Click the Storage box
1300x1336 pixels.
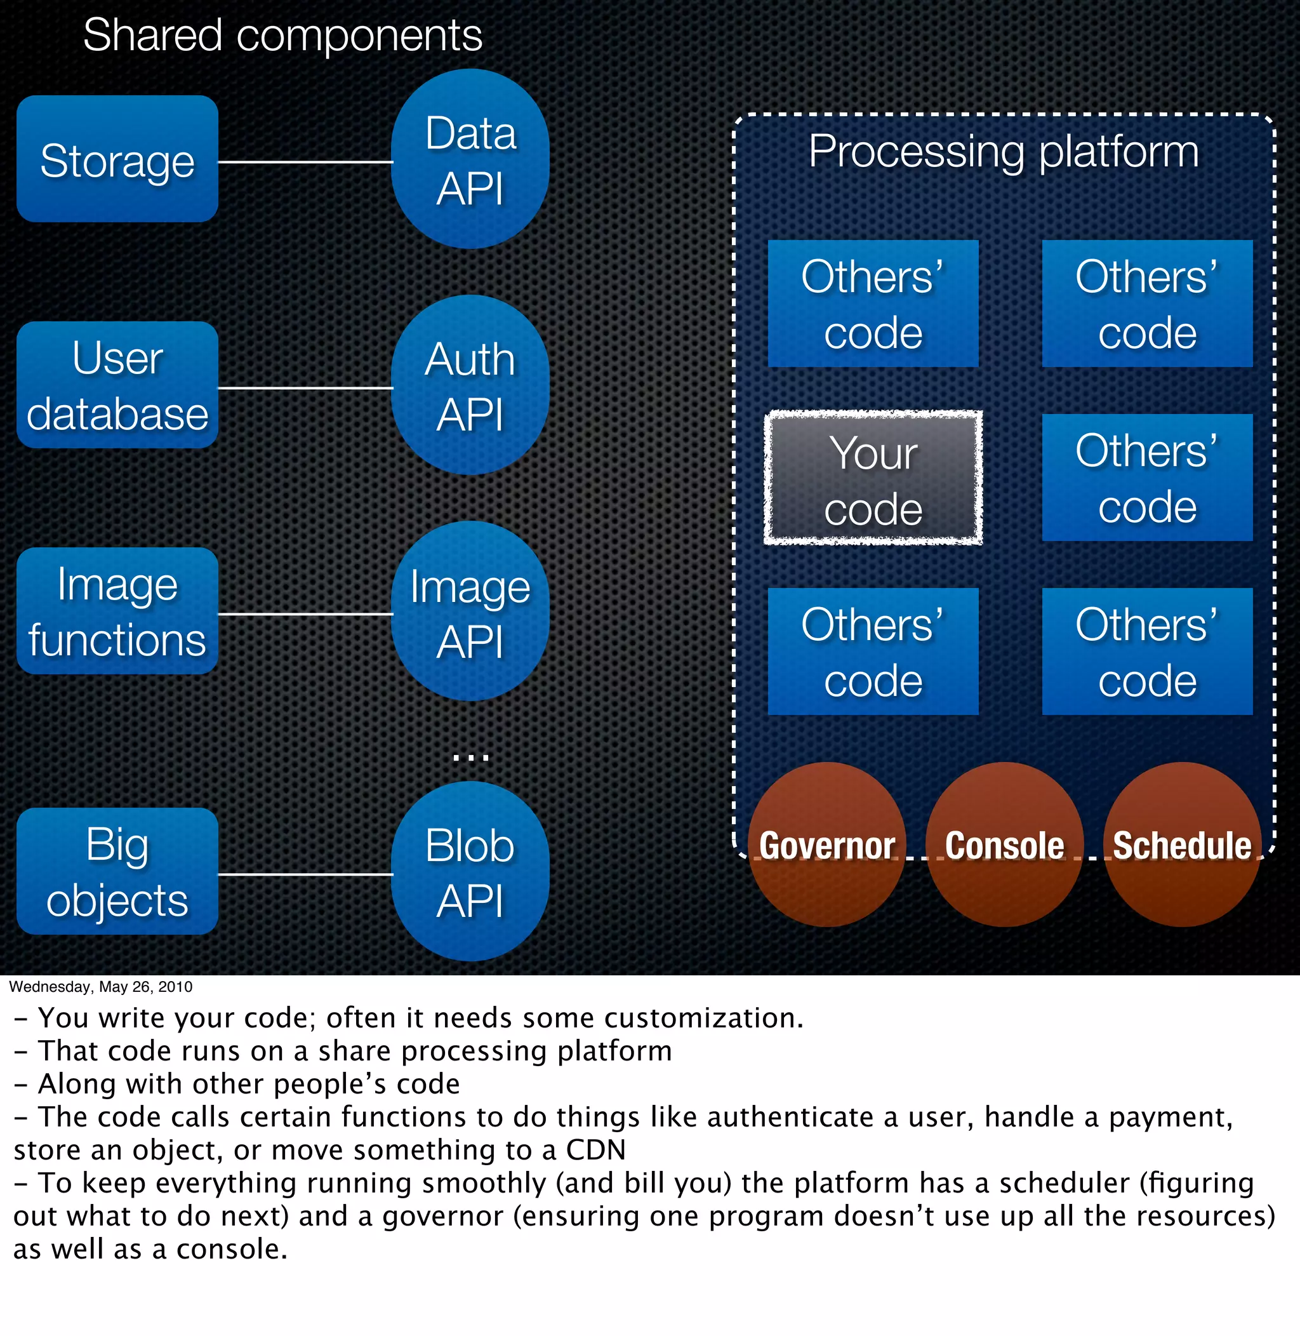(x=117, y=159)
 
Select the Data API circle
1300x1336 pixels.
(x=470, y=159)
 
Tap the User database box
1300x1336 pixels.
(x=117, y=385)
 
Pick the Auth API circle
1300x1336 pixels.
(x=470, y=385)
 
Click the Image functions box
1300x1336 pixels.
(x=117, y=611)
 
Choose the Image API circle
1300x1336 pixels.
(x=470, y=611)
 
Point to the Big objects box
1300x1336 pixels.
(x=117, y=872)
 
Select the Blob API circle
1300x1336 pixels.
(x=470, y=872)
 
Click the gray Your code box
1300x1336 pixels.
(x=873, y=479)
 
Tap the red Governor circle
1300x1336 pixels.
(x=827, y=845)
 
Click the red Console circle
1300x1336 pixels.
(x=1004, y=845)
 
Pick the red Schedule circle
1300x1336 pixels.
(x=1182, y=845)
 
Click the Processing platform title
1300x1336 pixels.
(x=1003, y=151)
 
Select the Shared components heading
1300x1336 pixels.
(x=282, y=36)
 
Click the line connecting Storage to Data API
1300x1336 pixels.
(x=305, y=163)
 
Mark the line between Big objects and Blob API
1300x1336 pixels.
(x=305, y=874)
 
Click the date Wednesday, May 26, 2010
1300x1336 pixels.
(x=100, y=987)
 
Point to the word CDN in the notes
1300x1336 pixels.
(x=595, y=1150)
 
